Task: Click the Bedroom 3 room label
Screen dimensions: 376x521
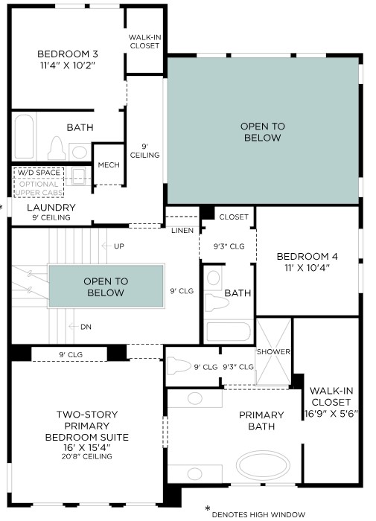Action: coord(68,54)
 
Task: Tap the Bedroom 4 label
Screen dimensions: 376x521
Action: coord(308,257)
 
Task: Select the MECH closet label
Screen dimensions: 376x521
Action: coord(109,164)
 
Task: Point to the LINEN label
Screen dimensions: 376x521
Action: coord(182,230)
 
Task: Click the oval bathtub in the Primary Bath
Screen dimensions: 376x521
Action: coord(263,465)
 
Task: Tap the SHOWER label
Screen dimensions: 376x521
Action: coord(273,351)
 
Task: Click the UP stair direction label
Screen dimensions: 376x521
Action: coord(119,246)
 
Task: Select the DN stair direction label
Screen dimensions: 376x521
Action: coord(86,327)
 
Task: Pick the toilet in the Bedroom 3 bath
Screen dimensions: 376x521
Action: coord(57,148)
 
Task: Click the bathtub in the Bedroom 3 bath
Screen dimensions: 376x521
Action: coord(24,136)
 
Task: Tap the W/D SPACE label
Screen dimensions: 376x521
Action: coord(39,173)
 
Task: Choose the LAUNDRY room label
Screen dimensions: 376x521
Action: coord(51,208)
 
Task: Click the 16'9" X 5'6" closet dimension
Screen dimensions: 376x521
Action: coord(331,414)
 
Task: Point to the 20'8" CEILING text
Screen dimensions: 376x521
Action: coord(87,456)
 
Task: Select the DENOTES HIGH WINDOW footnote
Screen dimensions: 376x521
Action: coord(258,515)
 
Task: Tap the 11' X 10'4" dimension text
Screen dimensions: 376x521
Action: coord(308,267)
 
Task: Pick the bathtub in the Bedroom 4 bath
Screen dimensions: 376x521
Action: coord(228,331)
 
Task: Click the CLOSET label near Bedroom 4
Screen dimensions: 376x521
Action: coord(234,217)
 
